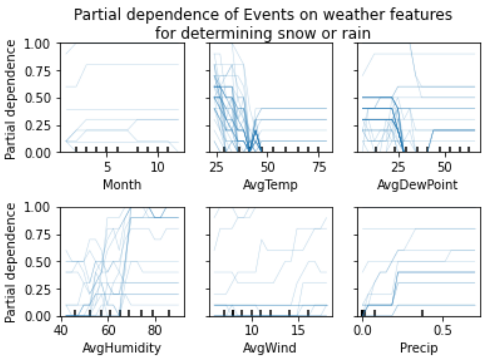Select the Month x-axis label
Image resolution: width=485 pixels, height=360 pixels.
coord(122,185)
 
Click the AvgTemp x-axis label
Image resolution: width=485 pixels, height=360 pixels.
coord(268,185)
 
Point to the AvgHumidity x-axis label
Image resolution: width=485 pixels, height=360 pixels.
coord(122,349)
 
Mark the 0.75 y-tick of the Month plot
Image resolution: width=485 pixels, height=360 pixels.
coord(41,71)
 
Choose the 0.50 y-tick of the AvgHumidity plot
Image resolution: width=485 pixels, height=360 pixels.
coord(41,262)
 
